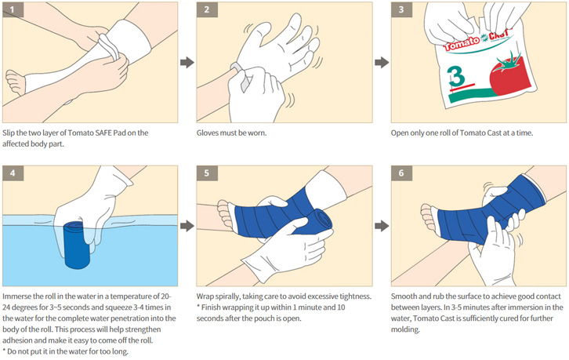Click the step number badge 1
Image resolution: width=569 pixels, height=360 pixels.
tap(13, 9)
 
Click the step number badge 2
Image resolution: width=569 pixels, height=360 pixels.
tap(207, 9)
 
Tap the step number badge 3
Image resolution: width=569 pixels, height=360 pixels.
tap(401, 9)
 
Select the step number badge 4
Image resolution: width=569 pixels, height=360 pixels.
tap(13, 173)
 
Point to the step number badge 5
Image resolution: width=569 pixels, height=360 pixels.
tap(207, 173)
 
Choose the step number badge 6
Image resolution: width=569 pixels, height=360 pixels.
tap(401, 173)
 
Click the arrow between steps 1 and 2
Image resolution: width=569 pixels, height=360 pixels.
tap(187, 62)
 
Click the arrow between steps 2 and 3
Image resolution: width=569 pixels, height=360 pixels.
tap(382, 62)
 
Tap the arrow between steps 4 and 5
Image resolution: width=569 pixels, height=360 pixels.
tap(187, 226)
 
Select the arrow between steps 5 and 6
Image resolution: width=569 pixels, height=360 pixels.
tap(382, 226)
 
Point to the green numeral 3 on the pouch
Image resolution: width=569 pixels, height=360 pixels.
tap(456, 77)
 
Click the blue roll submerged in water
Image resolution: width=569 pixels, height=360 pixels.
tap(77, 246)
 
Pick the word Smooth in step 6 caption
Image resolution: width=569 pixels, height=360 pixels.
tap(404, 296)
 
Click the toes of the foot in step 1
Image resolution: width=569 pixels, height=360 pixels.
tap(14, 82)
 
